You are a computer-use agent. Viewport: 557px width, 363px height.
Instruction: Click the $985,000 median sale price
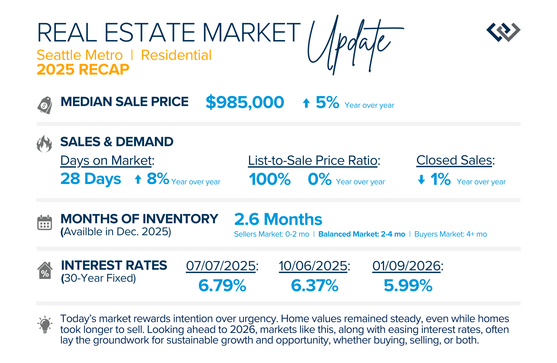(245, 102)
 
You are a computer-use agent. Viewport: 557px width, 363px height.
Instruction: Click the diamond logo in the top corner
(503, 32)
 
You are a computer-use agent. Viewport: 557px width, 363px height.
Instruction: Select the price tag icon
(45, 105)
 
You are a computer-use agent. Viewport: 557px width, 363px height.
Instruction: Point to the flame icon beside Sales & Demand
(44, 144)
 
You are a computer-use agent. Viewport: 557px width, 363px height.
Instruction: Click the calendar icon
(45, 222)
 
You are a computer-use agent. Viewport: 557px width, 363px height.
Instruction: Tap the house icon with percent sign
(45, 270)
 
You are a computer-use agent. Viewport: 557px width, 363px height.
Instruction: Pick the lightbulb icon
(45, 325)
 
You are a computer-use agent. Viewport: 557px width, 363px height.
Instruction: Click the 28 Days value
(91, 178)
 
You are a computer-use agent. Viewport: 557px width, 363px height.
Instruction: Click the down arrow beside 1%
(421, 180)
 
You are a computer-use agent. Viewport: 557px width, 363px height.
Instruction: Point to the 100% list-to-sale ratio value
(270, 179)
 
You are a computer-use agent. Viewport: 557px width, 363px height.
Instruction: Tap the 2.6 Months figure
(278, 219)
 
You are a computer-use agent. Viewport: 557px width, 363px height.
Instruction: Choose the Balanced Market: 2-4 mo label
(362, 234)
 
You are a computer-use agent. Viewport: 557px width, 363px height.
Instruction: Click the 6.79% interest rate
(222, 285)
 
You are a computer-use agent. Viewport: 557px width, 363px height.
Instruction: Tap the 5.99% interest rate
(408, 285)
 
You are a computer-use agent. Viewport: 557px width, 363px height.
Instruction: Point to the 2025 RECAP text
(83, 69)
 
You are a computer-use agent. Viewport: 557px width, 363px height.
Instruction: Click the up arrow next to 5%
(306, 103)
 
